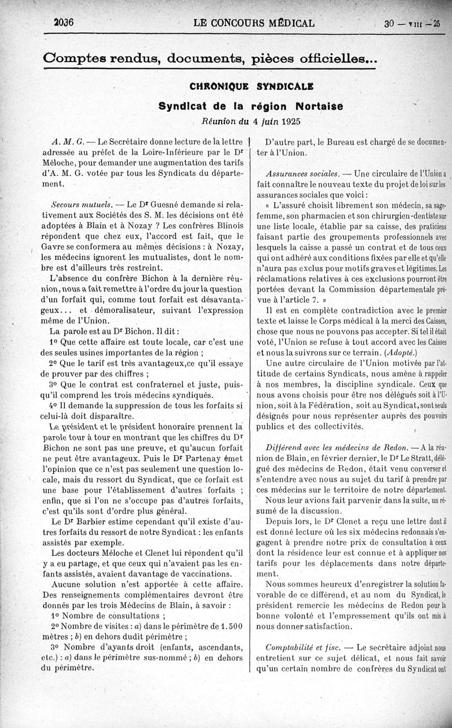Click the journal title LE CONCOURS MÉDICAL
tap(253, 24)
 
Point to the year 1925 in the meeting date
tap(289, 121)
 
